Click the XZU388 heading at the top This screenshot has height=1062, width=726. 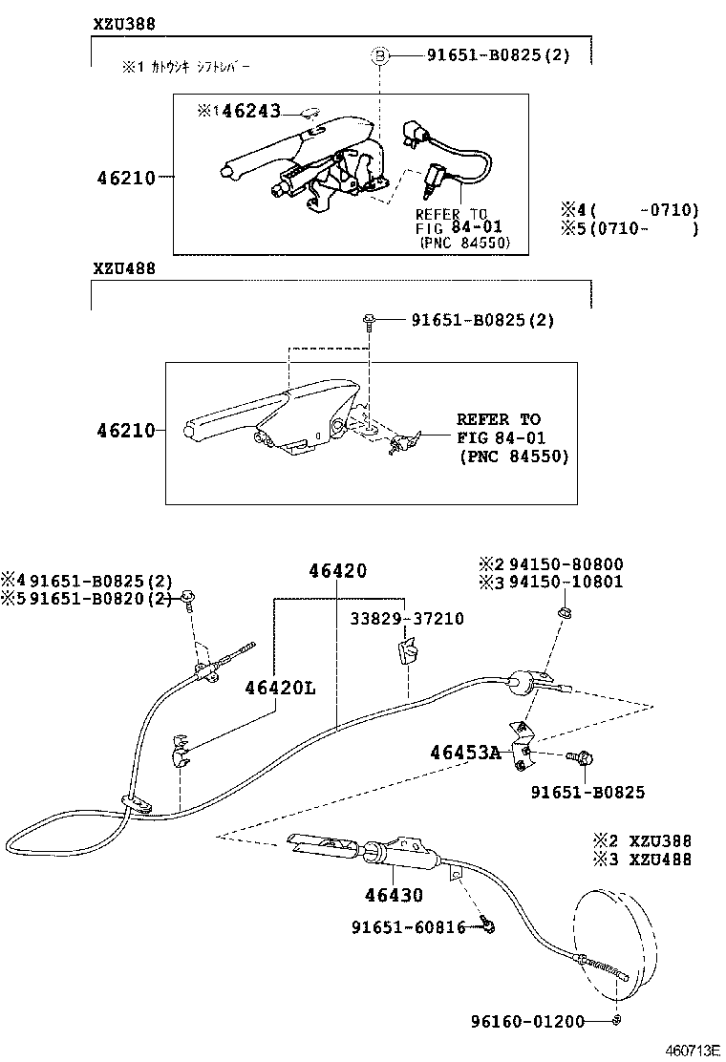pos(124,23)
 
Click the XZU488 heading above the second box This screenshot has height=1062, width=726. pos(124,268)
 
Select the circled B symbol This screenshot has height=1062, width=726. pos(379,56)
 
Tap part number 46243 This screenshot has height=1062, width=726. pos(251,111)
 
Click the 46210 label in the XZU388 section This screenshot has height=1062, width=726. pos(125,177)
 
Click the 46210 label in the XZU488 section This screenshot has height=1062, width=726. pos(125,431)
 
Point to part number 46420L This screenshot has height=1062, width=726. pos(279,688)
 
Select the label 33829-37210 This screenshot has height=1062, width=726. pos(407,619)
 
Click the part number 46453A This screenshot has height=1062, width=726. pos(465,753)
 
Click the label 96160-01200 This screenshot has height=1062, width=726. pos(526,1021)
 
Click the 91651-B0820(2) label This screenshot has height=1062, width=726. pos(101,599)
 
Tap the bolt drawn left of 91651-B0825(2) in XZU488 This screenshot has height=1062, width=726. pos(369,321)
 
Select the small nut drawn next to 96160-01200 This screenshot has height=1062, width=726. pos(617,1021)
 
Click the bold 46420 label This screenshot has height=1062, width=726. pos(337,571)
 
